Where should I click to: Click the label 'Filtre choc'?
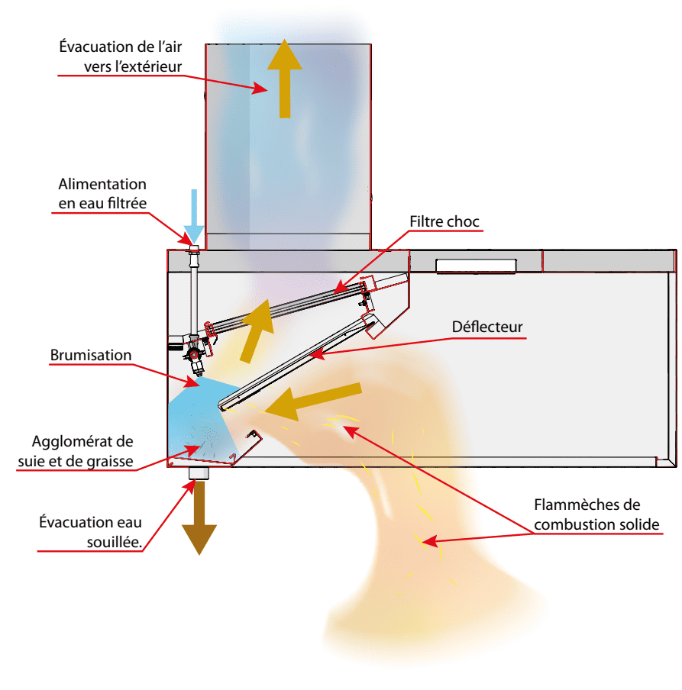coord(444,222)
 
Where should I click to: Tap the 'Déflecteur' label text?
coord(487,327)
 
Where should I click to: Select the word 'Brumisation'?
coord(91,355)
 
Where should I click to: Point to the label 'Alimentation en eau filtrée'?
coord(102,193)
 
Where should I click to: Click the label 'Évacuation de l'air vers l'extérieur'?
coord(121,56)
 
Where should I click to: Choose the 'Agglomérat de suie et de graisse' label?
coord(82,451)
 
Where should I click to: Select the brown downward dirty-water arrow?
coord(199,518)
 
